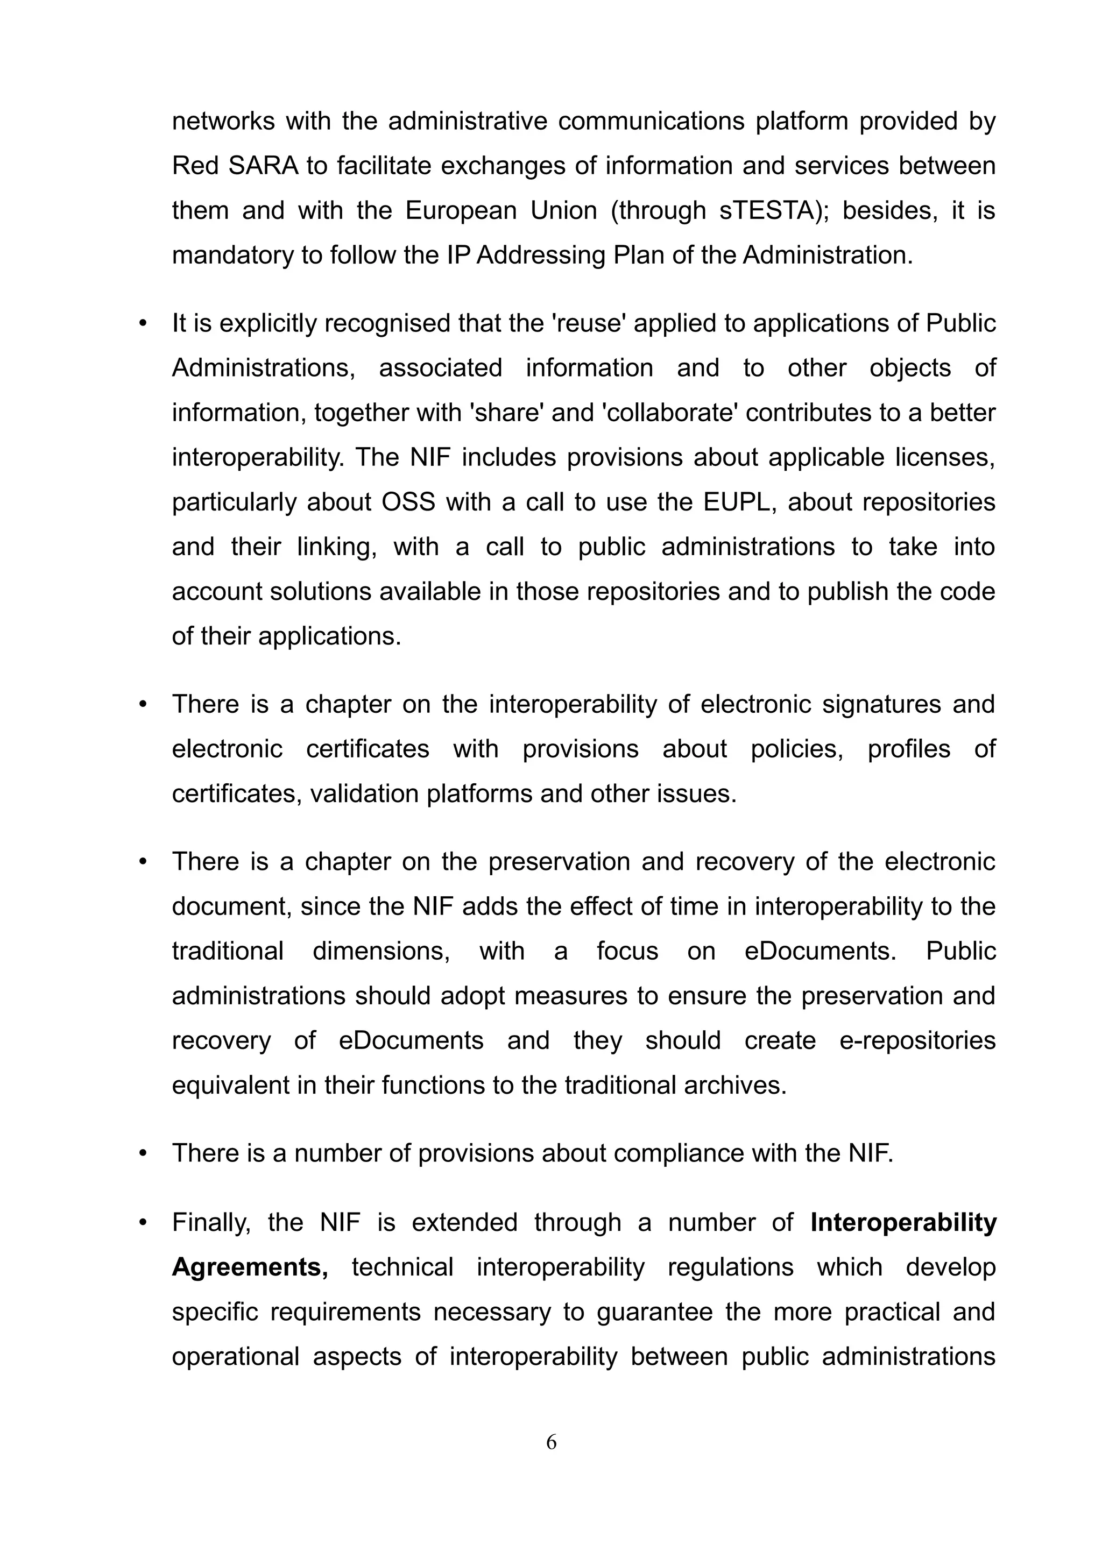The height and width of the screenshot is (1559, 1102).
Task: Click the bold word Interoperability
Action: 903,1222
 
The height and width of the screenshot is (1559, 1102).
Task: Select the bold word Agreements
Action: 250,1267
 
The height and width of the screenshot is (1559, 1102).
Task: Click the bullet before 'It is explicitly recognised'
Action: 143,324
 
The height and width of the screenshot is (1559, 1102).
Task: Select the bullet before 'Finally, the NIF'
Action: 143,1223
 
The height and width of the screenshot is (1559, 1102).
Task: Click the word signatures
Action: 879,704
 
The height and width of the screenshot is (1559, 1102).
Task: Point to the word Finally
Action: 211,1223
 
